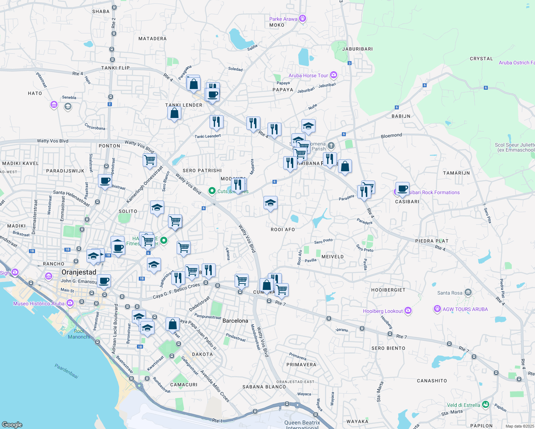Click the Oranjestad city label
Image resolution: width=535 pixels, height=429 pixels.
pos(79,272)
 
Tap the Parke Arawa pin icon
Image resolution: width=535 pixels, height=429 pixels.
pos(303,18)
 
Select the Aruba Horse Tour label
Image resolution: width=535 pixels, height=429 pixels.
pos(308,76)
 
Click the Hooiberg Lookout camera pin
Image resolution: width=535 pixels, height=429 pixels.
pos(408,311)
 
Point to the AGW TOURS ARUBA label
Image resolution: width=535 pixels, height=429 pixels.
pos(465,310)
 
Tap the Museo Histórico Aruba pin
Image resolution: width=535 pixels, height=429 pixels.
pos(70,303)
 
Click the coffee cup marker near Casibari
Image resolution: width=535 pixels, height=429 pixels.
pos(402,189)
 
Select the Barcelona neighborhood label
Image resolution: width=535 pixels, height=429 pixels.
pos(235,321)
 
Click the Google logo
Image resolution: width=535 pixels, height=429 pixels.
pos(12,424)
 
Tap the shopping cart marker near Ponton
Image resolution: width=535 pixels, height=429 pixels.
pos(149,160)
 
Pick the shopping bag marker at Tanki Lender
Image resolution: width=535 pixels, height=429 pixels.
pos(174,113)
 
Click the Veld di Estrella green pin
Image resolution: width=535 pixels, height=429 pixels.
pos(485,405)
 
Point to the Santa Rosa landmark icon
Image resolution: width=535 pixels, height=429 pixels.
pos(468,292)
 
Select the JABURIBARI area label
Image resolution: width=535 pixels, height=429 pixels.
pos(357,49)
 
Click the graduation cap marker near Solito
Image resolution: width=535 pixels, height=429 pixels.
pos(157,208)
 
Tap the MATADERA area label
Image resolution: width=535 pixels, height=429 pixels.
pos(152,39)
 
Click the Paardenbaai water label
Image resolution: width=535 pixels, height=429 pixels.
pos(67,371)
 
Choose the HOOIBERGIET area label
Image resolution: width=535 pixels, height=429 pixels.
pos(388,290)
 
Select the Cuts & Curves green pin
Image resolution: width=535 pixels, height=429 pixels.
pos(212,191)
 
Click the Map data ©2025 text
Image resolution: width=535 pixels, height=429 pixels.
pos(519,426)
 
